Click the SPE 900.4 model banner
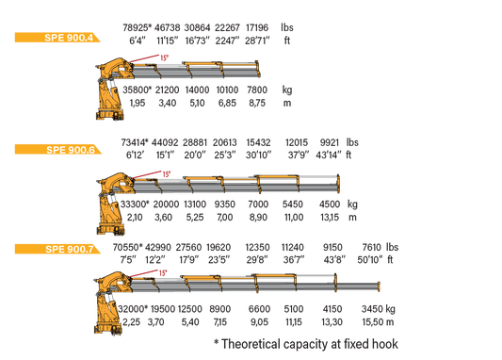[x=57, y=38]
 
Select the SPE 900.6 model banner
[x=58, y=150]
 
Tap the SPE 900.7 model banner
[x=57, y=249]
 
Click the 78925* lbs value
[x=137, y=27]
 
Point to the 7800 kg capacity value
[x=257, y=90]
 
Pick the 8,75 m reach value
[x=257, y=103]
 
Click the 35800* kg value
[x=137, y=90]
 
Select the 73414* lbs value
[x=135, y=142]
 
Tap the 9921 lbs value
[x=330, y=142]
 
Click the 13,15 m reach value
[x=330, y=218]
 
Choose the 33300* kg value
[x=135, y=205]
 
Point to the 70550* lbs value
[x=128, y=247]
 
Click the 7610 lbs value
[x=371, y=247]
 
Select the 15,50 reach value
[x=373, y=322]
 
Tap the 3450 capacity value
[x=372, y=309]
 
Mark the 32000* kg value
[x=133, y=309]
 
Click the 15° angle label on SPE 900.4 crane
[x=164, y=58]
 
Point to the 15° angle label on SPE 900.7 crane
[x=163, y=273]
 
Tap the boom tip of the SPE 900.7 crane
[x=379, y=286]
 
